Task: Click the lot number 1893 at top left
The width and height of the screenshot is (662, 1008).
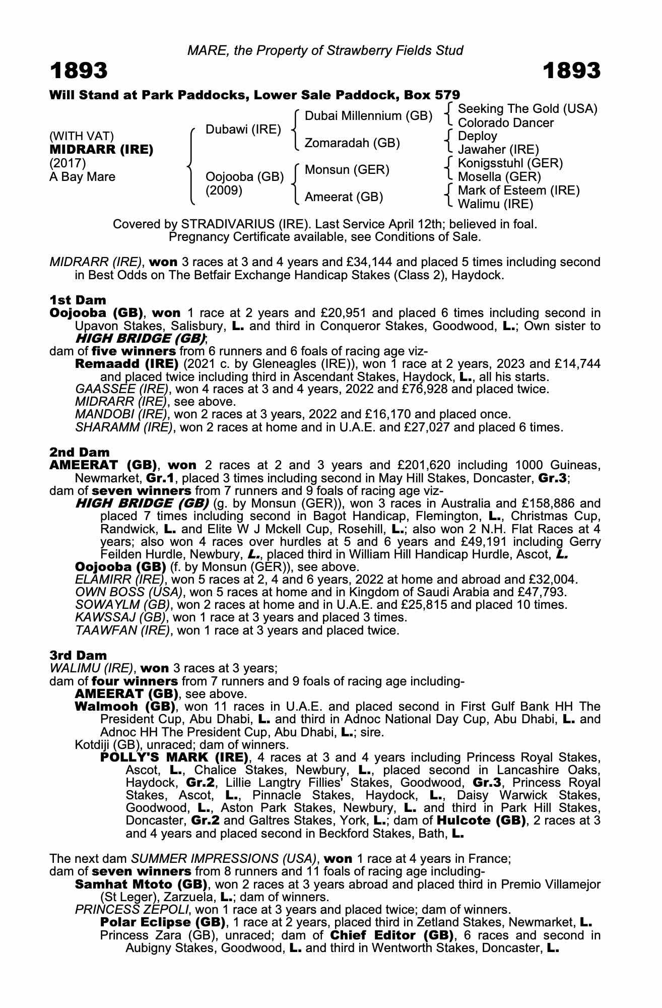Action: (x=79, y=71)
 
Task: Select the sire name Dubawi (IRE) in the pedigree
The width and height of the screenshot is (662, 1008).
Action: (x=243, y=130)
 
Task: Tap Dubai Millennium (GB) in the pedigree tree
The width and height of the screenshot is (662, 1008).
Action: (x=369, y=116)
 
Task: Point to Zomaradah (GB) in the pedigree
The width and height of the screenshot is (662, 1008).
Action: (x=353, y=143)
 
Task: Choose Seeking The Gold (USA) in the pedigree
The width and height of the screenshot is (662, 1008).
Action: (x=527, y=109)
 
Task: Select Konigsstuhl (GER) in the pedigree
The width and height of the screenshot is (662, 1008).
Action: (x=510, y=163)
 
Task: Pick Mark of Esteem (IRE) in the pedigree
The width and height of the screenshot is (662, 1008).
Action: (x=519, y=191)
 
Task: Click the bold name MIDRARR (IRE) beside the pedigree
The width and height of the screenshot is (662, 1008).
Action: (x=101, y=150)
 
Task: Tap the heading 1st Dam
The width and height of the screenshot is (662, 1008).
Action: (x=78, y=300)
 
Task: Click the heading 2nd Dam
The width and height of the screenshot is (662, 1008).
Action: (x=80, y=453)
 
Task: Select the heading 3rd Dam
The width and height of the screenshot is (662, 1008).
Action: (x=79, y=656)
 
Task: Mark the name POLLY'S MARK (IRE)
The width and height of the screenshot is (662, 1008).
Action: (x=174, y=758)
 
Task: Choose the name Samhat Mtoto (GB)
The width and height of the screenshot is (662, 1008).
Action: (x=142, y=885)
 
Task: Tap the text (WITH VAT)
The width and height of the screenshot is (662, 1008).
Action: (x=82, y=136)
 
